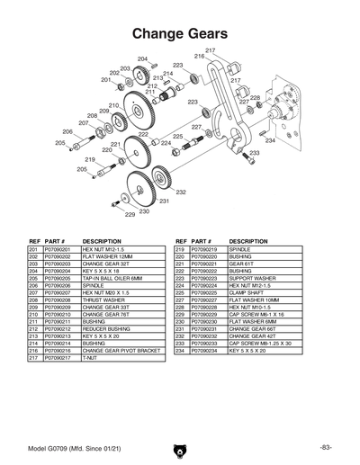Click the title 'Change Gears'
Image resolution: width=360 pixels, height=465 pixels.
179,33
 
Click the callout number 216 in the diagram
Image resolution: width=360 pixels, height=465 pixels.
199,56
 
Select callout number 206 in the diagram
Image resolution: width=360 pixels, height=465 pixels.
67,131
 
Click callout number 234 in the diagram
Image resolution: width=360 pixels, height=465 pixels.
270,140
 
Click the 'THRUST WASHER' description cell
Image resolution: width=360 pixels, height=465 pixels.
103,300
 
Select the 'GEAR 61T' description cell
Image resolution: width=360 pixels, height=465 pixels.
242,264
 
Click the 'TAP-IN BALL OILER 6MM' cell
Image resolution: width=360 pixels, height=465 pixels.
113,278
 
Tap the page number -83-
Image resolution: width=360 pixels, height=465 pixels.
325,447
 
